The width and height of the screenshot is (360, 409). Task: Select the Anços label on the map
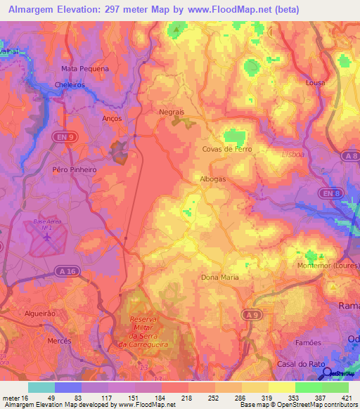pos(112,119)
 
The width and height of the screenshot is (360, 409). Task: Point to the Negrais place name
pos(172,112)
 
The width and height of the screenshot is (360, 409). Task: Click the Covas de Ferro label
pos(226,150)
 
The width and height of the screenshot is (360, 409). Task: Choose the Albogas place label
pos(213,178)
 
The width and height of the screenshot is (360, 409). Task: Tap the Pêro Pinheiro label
pos(74,169)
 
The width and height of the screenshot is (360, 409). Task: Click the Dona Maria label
pos(220,277)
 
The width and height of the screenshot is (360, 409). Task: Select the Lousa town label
pos(316,82)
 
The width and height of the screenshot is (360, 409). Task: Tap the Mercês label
pos(60,340)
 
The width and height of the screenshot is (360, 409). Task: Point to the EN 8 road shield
pos(328,193)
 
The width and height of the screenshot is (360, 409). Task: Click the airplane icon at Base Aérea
pos(47,237)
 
